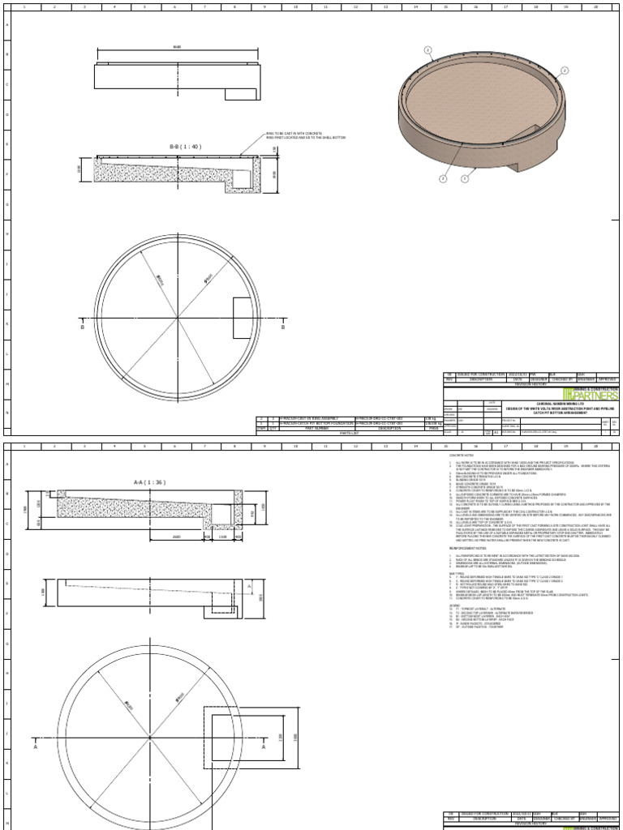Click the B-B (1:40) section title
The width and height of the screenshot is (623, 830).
[x=185, y=147]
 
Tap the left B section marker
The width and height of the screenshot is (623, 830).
[x=82, y=329]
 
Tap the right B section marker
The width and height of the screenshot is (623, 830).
[x=283, y=329]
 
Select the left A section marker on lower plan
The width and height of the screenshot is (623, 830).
[x=35, y=749]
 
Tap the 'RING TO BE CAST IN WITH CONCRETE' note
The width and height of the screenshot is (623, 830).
[x=296, y=135]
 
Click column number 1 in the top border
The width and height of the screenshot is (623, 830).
[x=24, y=6]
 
